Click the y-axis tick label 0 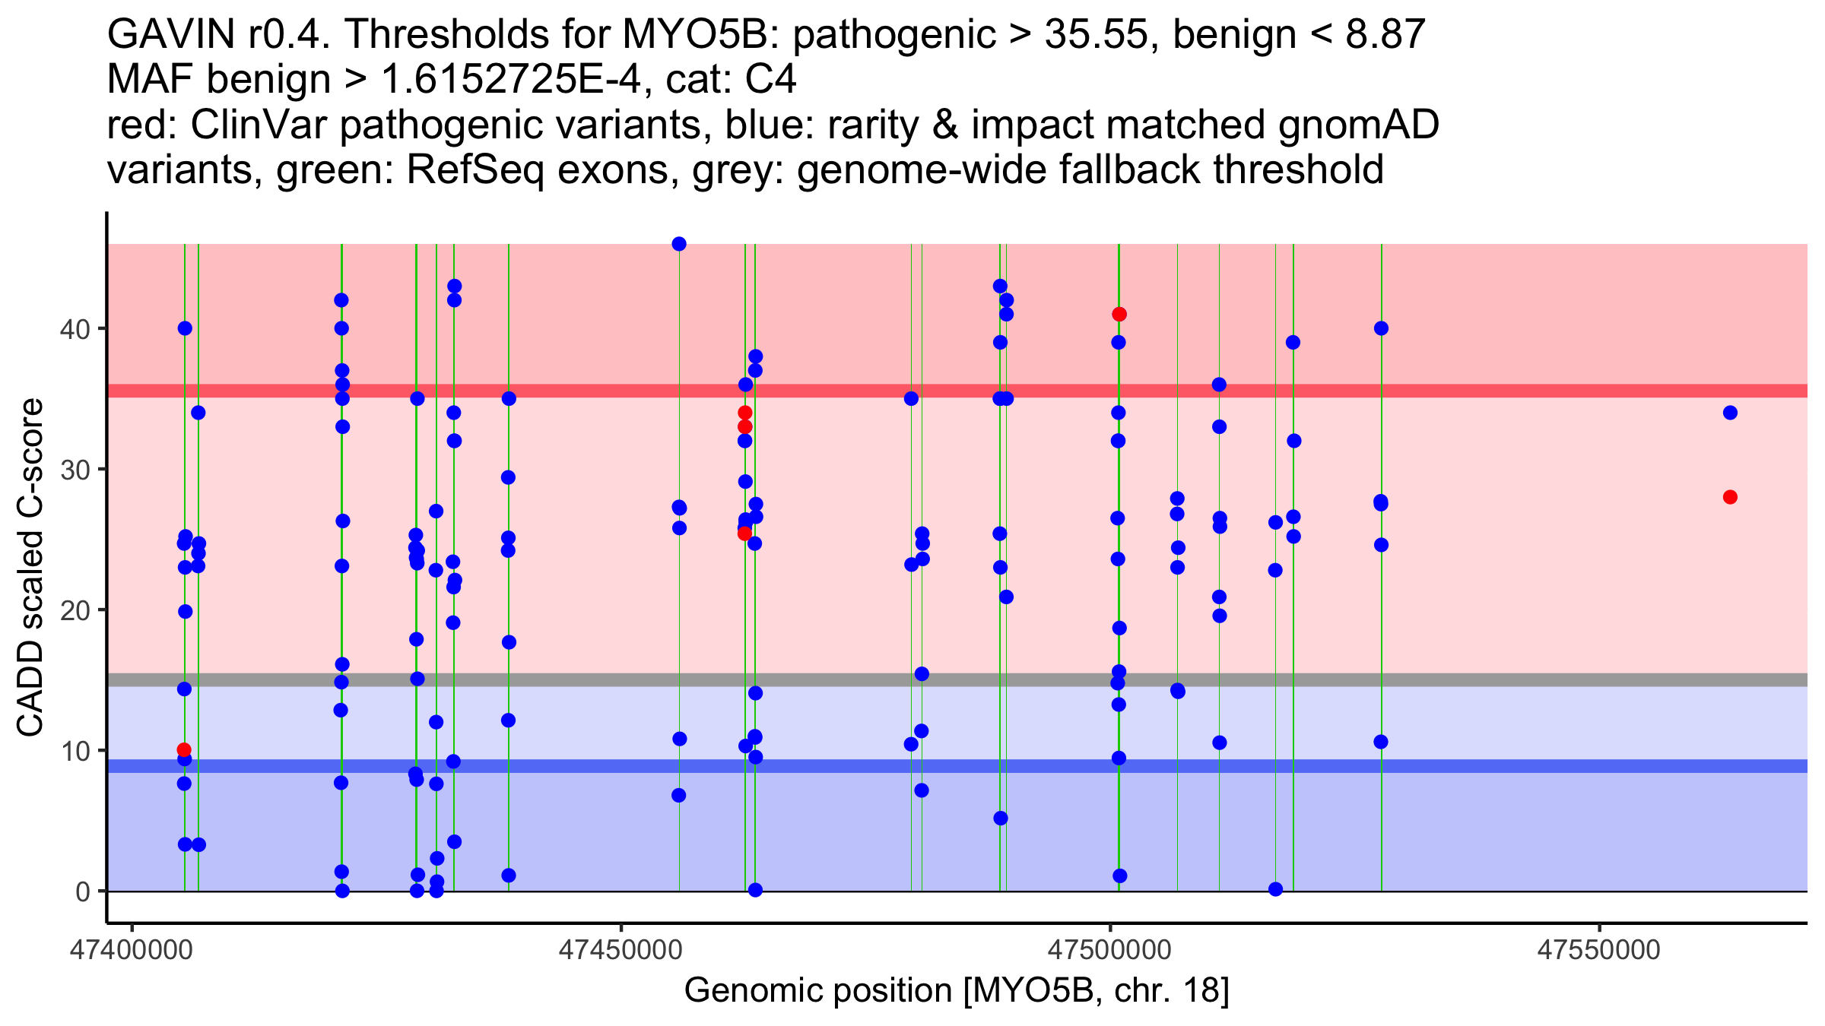coord(82,891)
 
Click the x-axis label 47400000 coord(132,950)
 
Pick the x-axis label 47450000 coord(621,950)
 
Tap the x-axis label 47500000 coord(1111,950)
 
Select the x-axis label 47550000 coord(1600,950)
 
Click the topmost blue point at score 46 coord(679,244)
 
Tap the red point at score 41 coord(1119,315)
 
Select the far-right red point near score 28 coord(1730,497)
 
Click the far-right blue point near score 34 coord(1730,413)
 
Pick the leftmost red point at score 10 coord(184,750)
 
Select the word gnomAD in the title coord(1358,125)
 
